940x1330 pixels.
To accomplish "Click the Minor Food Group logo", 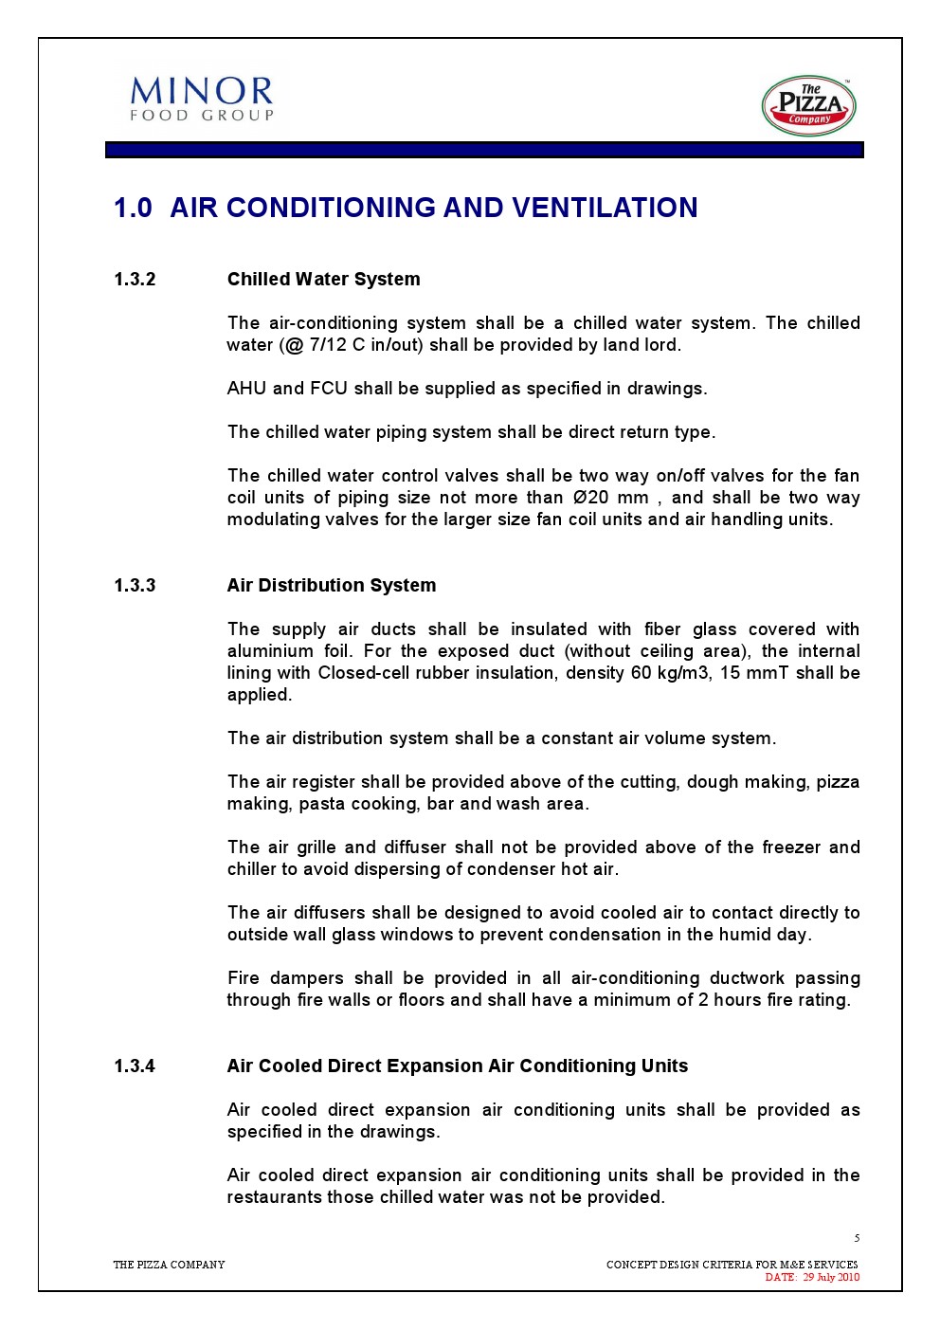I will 202,99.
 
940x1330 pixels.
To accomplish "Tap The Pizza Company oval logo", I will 808,106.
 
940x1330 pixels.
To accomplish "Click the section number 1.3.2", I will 135,280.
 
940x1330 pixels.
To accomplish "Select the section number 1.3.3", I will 135,586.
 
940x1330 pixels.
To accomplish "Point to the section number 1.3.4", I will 135,1066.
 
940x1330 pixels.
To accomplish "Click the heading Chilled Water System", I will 323,280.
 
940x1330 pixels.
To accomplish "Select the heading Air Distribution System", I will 332,586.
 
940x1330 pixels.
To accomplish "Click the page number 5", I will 857,1238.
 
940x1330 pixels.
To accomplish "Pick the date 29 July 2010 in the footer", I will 831,1277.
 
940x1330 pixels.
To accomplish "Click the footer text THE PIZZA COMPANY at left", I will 169,1265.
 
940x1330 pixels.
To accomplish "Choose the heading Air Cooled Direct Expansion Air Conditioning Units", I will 457,1066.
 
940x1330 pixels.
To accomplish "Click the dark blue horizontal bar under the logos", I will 484,150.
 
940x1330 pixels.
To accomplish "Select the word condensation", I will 593,935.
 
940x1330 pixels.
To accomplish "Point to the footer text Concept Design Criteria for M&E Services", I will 732,1265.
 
